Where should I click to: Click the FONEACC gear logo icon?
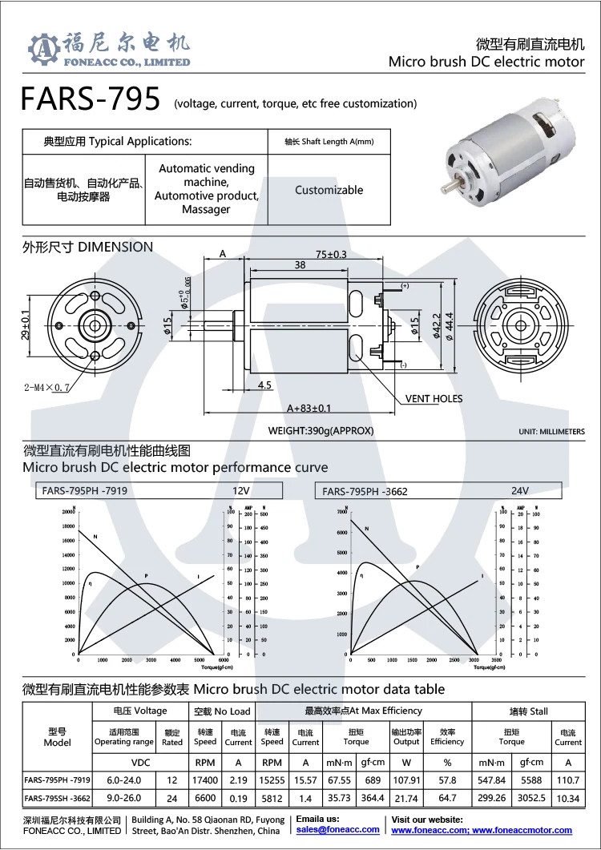(x=45, y=50)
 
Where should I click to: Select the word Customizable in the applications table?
(x=329, y=191)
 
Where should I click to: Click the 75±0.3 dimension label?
(x=331, y=254)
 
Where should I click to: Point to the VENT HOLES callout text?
(x=434, y=398)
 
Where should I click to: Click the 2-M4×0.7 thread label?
(x=47, y=388)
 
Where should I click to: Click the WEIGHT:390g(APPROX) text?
(x=321, y=431)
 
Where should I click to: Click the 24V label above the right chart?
(x=520, y=490)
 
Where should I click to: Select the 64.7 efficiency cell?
(x=447, y=799)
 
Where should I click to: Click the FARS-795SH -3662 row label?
(x=57, y=799)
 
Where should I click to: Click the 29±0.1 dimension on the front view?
(x=26, y=324)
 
